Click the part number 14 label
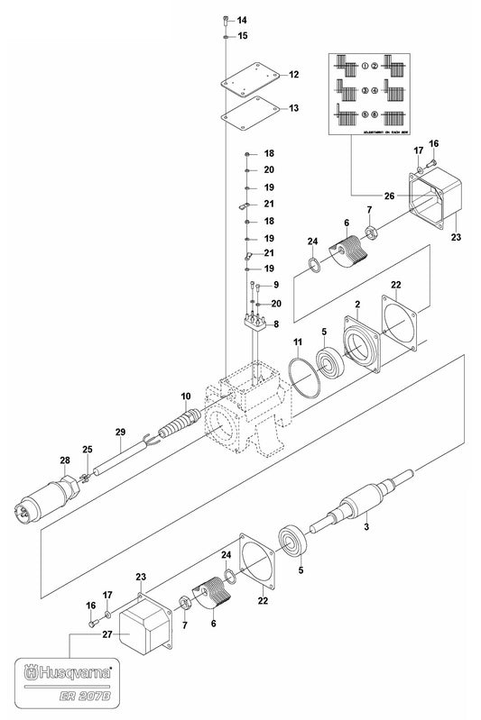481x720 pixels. (242, 20)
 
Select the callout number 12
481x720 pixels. (294, 75)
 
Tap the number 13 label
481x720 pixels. (294, 108)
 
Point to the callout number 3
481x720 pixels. (367, 524)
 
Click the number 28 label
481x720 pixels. (64, 460)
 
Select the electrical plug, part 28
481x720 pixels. (47, 498)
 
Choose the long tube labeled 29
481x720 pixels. (117, 457)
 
